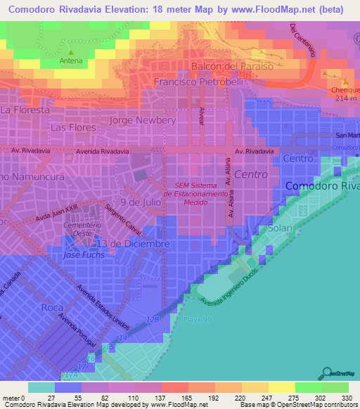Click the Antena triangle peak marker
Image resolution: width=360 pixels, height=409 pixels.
click(71, 51)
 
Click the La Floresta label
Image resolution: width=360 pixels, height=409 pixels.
click(25, 110)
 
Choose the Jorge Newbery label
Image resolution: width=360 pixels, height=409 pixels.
click(143, 120)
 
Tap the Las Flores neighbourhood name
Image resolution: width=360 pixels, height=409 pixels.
click(72, 128)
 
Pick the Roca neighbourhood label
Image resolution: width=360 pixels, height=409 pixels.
click(52, 307)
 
